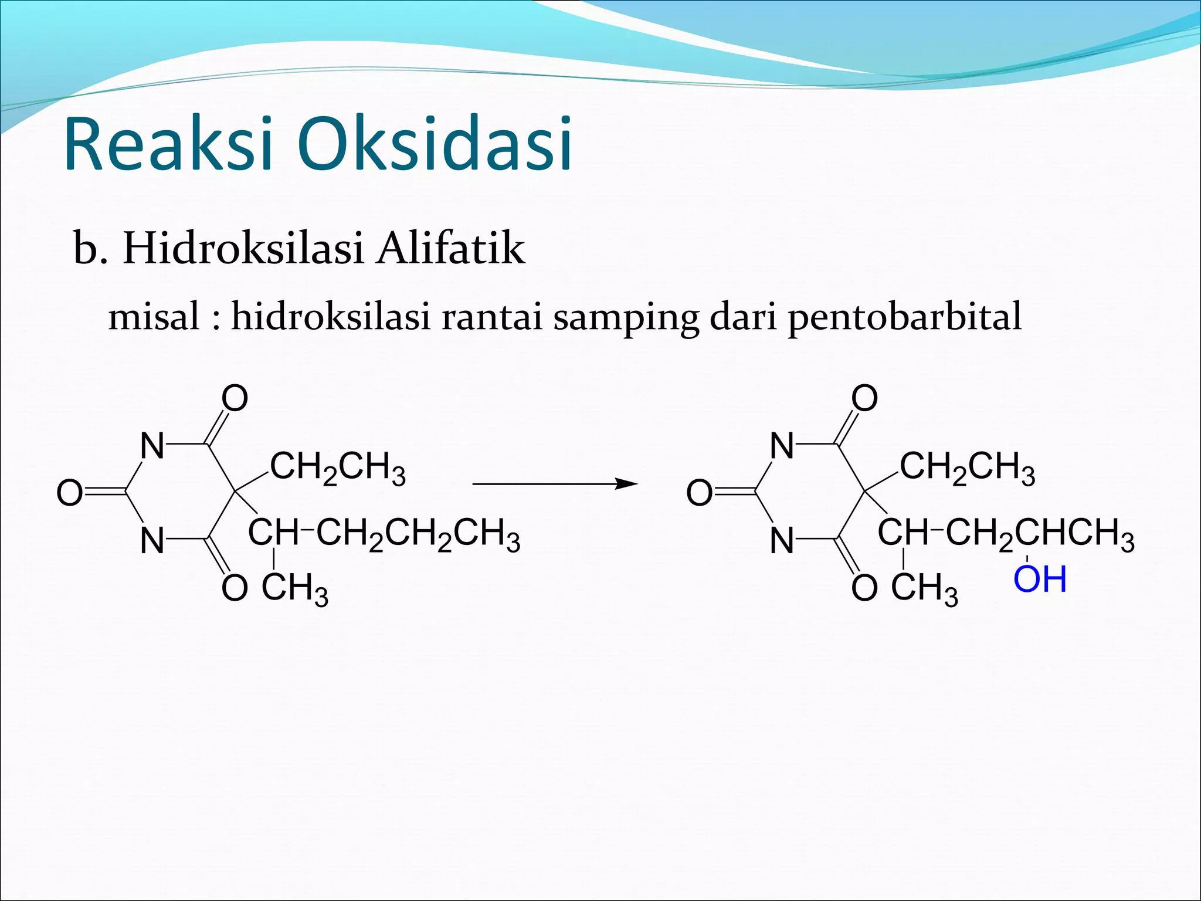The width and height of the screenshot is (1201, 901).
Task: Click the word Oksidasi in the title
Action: tap(435, 144)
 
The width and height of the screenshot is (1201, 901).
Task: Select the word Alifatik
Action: tap(450, 249)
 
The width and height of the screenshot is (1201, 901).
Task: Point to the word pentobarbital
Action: tap(904, 317)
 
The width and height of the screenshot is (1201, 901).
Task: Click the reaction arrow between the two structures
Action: tap(554, 484)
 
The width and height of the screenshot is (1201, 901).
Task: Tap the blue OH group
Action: tap(1039, 580)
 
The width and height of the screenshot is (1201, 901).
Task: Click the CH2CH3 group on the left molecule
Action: tap(338, 469)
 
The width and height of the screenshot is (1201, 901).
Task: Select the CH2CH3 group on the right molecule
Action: tap(968, 469)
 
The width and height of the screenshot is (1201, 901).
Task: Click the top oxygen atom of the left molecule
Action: tap(235, 399)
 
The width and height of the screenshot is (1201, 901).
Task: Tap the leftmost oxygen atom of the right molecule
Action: tap(699, 493)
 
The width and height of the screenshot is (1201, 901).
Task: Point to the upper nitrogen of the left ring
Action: tap(152, 446)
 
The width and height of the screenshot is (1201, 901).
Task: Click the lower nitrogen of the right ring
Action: tap(782, 540)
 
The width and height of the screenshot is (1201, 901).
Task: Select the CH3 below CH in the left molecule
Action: tap(294, 588)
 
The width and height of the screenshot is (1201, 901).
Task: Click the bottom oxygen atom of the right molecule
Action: tap(864, 588)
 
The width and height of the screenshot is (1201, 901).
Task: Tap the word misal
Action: tap(154, 317)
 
